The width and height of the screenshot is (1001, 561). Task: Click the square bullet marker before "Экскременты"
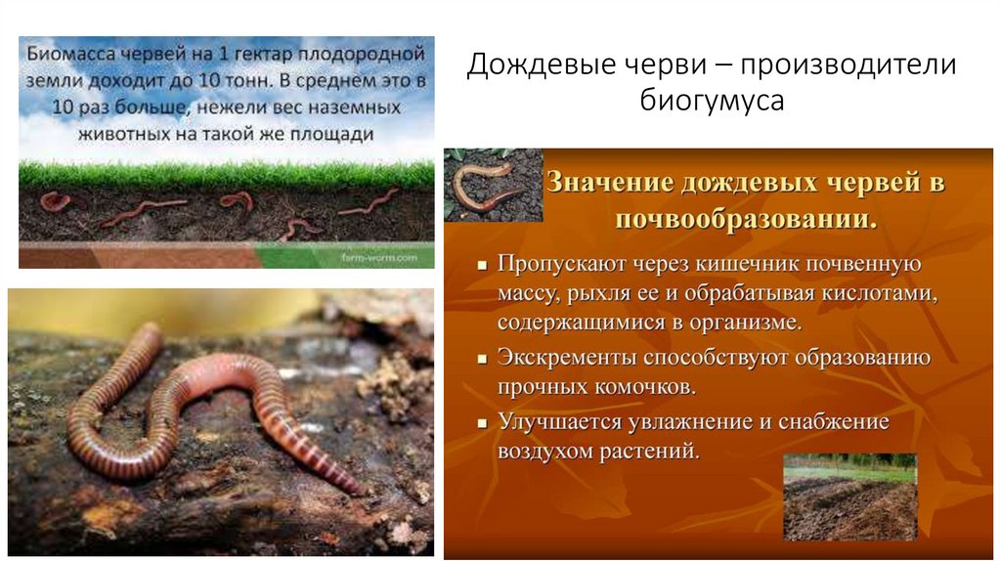click(x=482, y=359)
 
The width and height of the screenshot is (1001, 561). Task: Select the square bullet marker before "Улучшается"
click(x=482, y=424)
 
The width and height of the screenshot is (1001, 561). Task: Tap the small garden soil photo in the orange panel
click(x=849, y=496)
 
